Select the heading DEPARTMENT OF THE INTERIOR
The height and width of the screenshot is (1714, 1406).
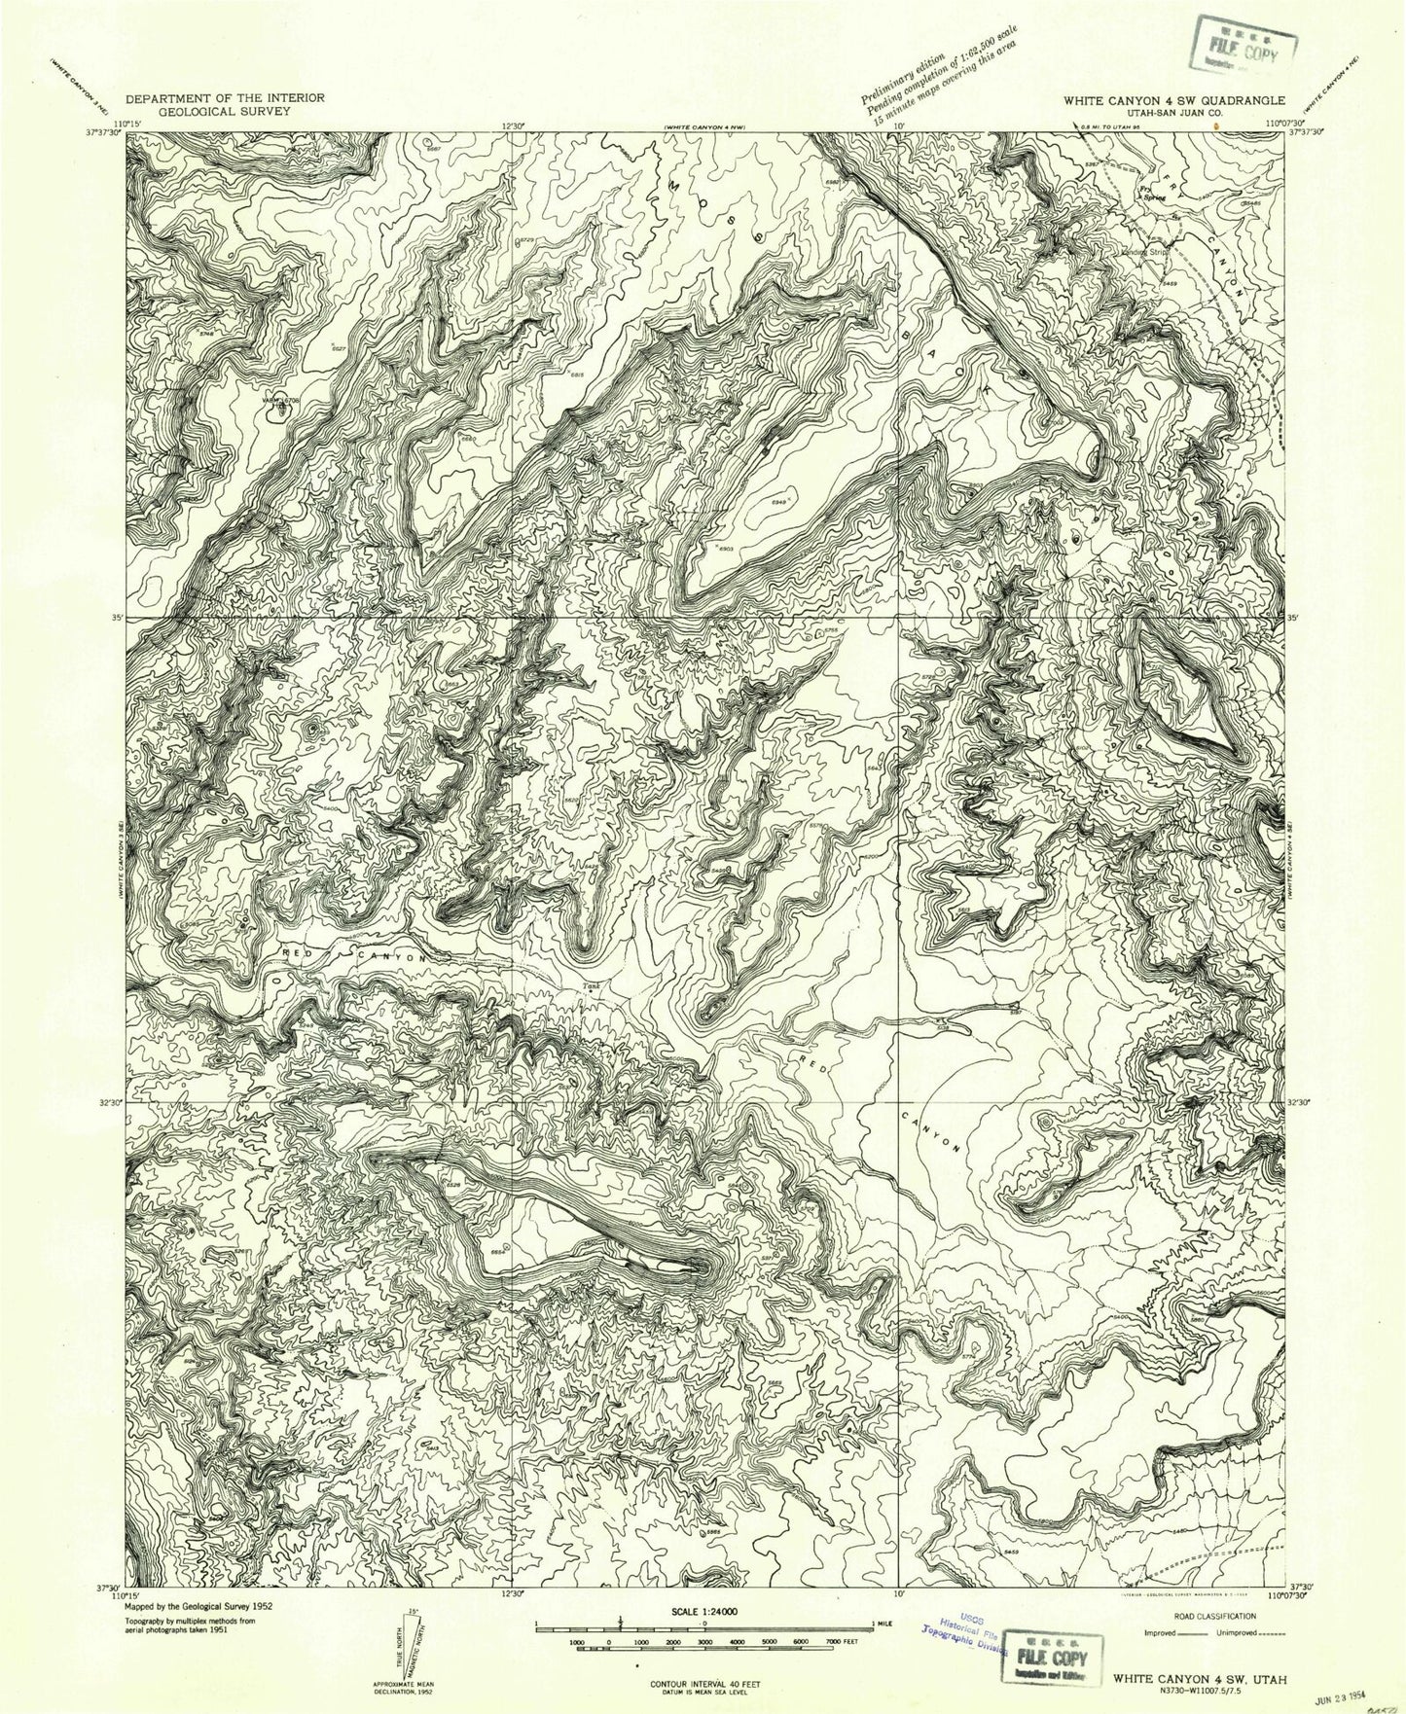pyautogui.click(x=225, y=98)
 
